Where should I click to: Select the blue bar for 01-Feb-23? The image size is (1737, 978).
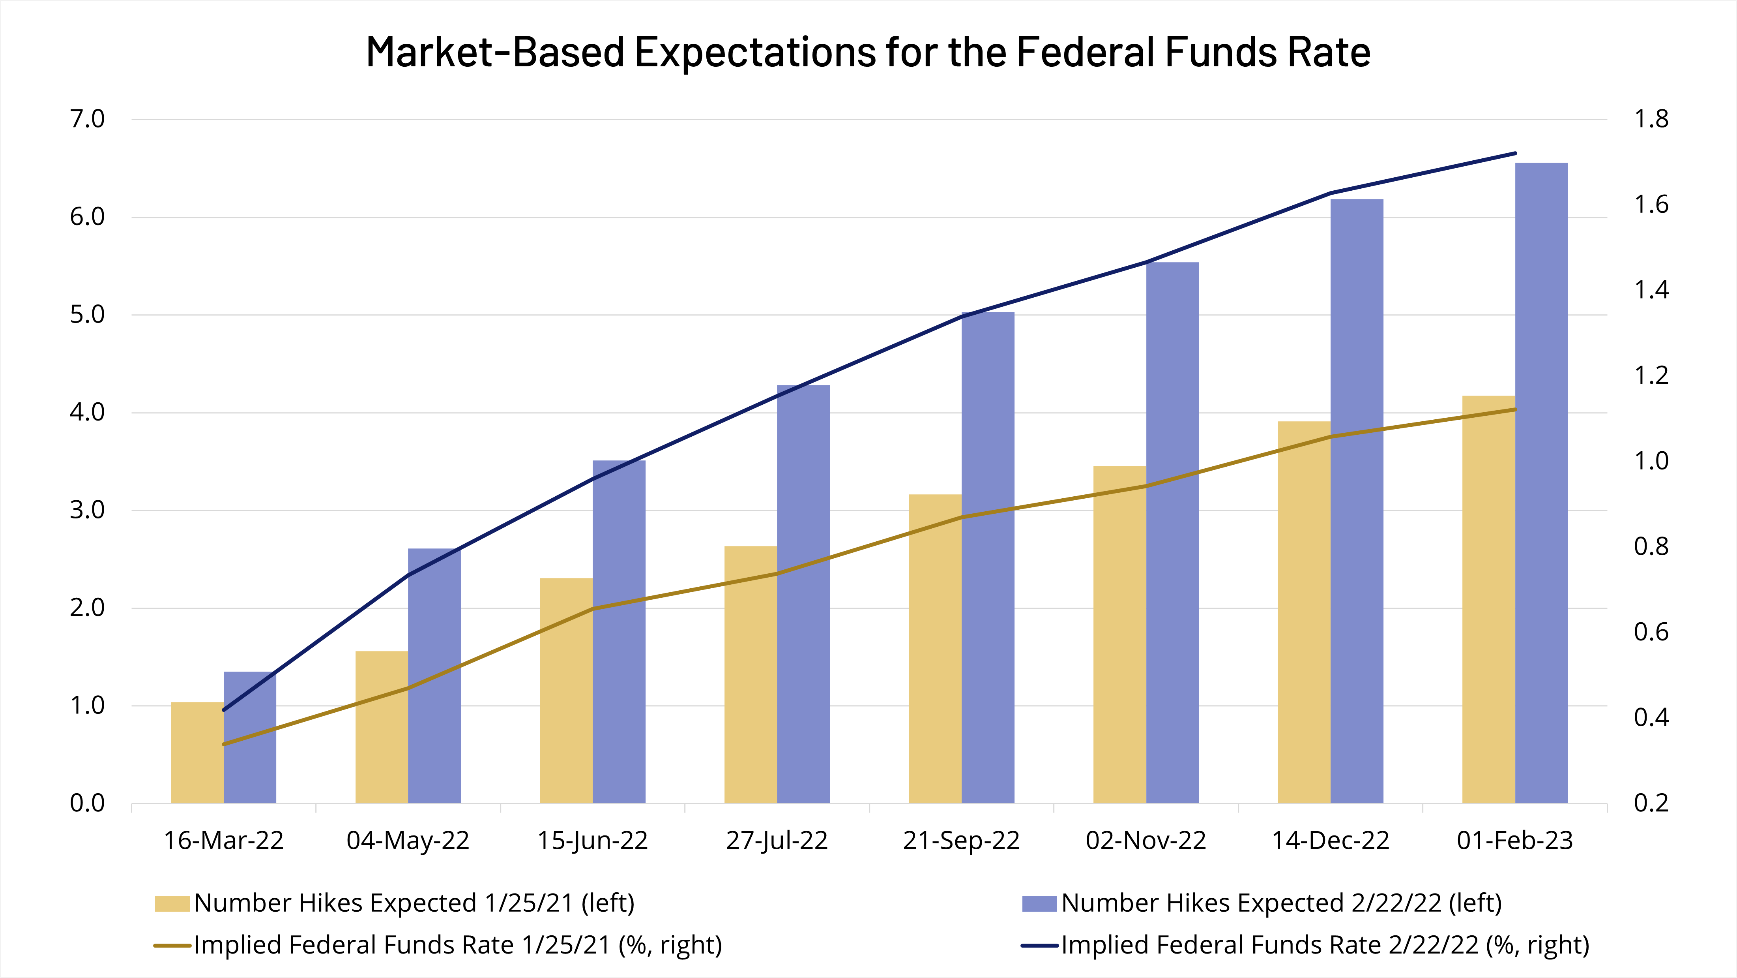(x=1541, y=483)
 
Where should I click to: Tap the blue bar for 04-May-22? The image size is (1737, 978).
(x=434, y=676)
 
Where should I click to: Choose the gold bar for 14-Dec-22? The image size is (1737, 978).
(x=1303, y=612)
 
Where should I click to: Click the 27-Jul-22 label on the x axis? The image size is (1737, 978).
(x=777, y=841)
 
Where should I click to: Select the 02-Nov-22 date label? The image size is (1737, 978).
(x=1146, y=841)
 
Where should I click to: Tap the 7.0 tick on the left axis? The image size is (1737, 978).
(x=88, y=119)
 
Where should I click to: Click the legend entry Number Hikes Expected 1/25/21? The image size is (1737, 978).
(x=414, y=903)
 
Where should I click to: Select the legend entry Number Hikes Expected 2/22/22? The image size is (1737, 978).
(x=1281, y=903)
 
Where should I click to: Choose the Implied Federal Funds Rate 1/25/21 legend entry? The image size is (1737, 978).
(x=457, y=945)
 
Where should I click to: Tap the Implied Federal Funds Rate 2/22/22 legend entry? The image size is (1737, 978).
(x=1324, y=945)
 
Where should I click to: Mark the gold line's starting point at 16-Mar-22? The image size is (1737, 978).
(x=224, y=744)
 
